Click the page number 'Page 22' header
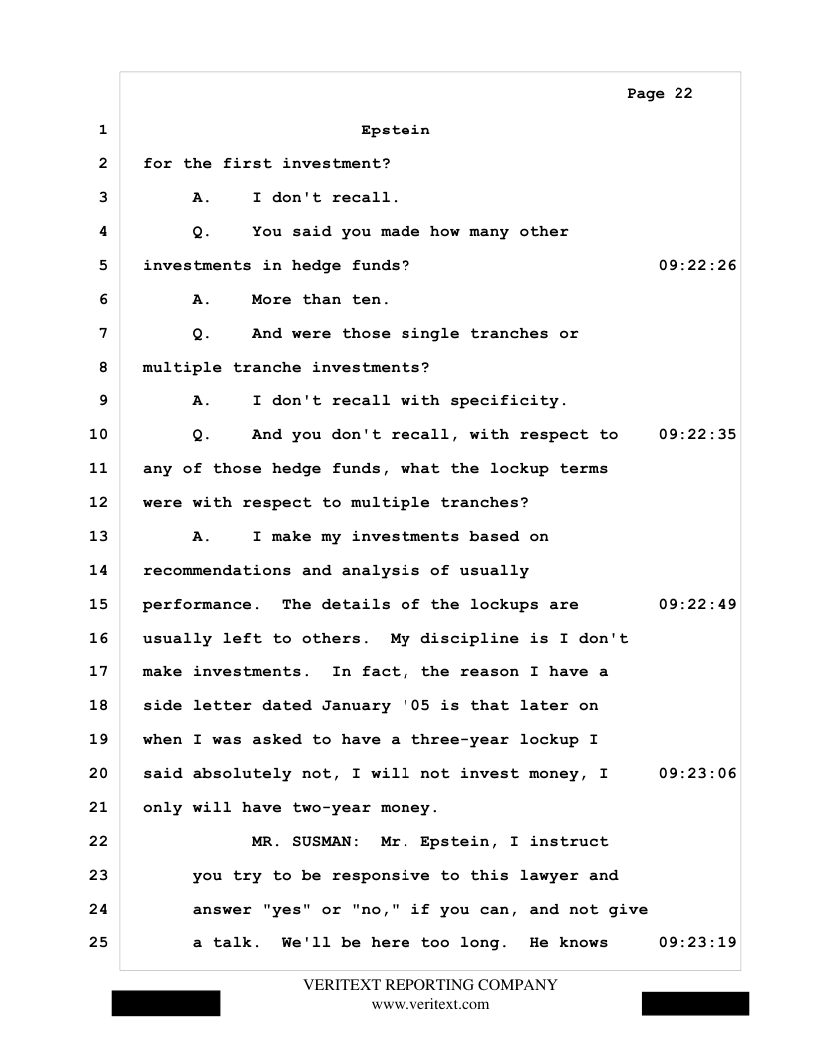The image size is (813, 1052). pyautogui.click(x=660, y=94)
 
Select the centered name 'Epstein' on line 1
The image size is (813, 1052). pyautogui.click(x=396, y=130)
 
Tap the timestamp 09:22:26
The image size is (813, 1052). pyautogui.click(x=697, y=266)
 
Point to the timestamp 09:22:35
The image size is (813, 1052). pyautogui.click(x=697, y=435)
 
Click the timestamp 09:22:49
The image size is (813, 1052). pyautogui.click(x=697, y=605)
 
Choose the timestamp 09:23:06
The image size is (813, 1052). pyautogui.click(x=697, y=774)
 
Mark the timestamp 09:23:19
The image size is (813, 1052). pyautogui.click(x=697, y=943)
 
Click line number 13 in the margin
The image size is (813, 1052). pyautogui.click(x=98, y=537)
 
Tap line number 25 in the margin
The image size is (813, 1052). pyautogui.click(x=98, y=943)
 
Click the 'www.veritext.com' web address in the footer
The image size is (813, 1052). pyautogui.click(x=429, y=1004)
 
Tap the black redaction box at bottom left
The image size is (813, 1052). pyautogui.click(x=165, y=1003)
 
